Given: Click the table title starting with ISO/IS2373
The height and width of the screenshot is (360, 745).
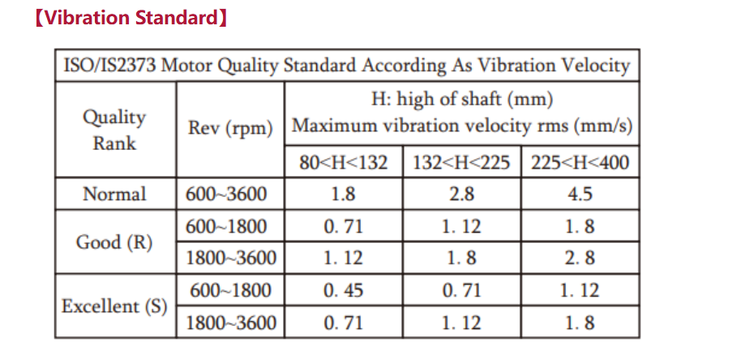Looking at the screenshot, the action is [x=347, y=66].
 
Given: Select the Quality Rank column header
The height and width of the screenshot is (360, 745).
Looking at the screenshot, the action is [x=114, y=130].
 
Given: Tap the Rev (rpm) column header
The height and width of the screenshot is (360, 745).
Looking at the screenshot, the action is [x=230, y=128].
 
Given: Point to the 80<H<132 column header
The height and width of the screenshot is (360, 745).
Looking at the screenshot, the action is [x=344, y=162].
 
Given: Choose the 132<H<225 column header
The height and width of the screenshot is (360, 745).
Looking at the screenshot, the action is [x=462, y=162].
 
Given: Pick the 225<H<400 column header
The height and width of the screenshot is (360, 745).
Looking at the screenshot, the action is [x=580, y=162].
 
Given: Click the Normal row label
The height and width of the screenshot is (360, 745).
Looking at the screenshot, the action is [x=114, y=194].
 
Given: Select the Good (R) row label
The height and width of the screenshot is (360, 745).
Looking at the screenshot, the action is [x=114, y=242].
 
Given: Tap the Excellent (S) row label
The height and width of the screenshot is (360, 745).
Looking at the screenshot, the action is [x=114, y=306].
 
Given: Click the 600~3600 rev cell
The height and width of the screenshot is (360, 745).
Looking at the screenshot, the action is [x=226, y=194].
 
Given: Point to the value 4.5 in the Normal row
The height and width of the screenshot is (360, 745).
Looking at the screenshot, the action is [x=580, y=194].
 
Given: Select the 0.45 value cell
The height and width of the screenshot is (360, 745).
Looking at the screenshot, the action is [x=344, y=290].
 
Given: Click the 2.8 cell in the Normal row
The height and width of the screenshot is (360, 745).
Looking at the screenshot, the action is [x=462, y=194].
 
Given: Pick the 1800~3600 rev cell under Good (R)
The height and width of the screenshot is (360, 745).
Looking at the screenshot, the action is [x=230, y=258].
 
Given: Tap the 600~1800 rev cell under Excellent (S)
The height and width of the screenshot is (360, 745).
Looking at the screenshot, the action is [x=230, y=290].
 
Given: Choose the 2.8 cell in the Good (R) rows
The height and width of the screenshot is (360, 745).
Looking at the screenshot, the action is [x=580, y=258].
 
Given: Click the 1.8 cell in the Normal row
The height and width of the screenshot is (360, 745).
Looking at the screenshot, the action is [x=344, y=194].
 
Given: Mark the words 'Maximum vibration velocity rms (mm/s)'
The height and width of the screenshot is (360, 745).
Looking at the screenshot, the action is [x=462, y=126].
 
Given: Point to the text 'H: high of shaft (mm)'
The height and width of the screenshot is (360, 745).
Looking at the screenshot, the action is [x=462, y=101].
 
